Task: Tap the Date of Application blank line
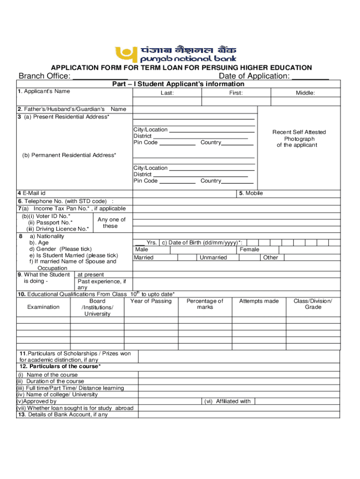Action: (x=310, y=77)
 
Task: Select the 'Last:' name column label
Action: (x=167, y=93)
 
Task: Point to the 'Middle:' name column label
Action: (x=305, y=93)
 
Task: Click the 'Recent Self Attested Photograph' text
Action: (x=299, y=138)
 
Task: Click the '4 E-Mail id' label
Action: (x=32, y=193)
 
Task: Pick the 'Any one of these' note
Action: (x=111, y=223)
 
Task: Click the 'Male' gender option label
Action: (x=141, y=249)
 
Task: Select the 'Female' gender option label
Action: (x=249, y=249)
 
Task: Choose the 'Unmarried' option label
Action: (x=213, y=258)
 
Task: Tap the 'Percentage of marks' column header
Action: (x=205, y=304)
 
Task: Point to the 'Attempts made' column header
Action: (x=259, y=301)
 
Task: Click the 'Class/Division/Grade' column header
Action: (x=313, y=304)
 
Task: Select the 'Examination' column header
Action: (x=43, y=307)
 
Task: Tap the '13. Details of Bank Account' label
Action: (x=63, y=414)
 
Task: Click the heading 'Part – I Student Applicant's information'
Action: (x=178, y=84)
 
